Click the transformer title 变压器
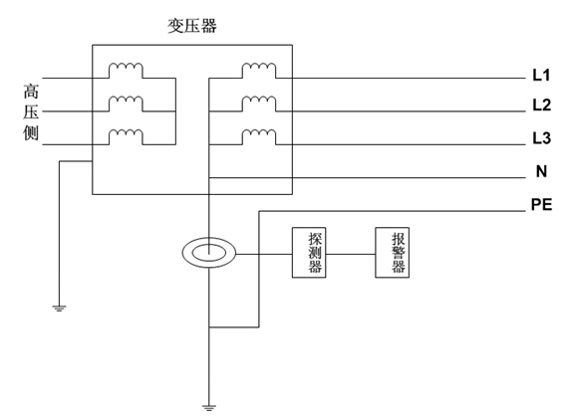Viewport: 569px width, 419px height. click(x=191, y=26)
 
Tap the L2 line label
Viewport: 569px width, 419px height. click(x=541, y=105)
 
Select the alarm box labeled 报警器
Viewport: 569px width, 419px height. click(x=397, y=253)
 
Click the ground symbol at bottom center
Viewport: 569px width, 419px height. click(x=210, y=405)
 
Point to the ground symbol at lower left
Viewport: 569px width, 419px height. click(x=60, y=307)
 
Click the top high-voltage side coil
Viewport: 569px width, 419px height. click(x=126, y=70)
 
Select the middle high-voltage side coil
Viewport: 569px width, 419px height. click(x=126, y=103)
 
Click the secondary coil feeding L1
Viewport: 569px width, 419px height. click(x=259, y=70)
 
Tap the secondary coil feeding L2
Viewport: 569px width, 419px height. click(x=259, y=103)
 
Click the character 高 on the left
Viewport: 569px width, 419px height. click(x=31, y=91)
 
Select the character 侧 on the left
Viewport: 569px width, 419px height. click(x=31, y=132)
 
